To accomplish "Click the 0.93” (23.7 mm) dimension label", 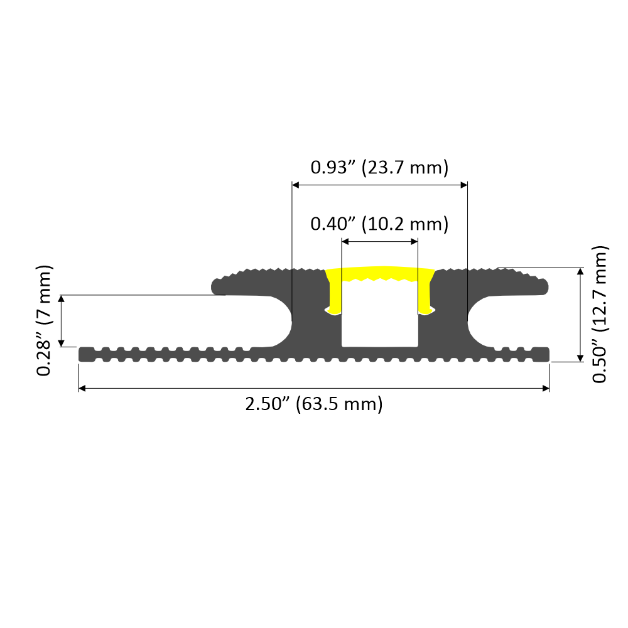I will pos(379,168).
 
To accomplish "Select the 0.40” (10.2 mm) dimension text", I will pos(379,224).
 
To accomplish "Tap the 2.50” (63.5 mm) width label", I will pos(314,404).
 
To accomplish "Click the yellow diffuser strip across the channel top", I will pos(379,274).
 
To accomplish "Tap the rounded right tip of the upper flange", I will pos(545,286).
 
